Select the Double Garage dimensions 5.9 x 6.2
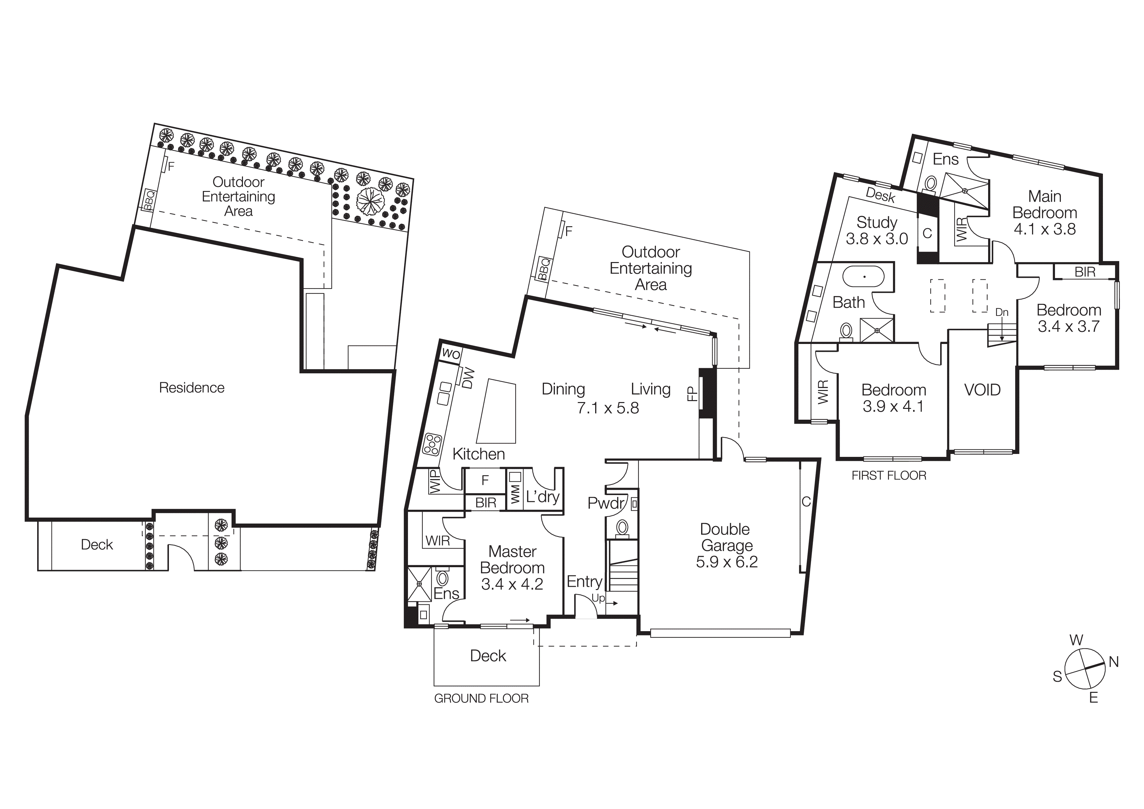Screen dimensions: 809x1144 (x=727, y=562)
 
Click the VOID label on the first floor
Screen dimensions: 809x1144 (x=982, y=390)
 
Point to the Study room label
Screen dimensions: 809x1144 (x=877, y=222)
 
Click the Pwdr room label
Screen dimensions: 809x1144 (x=605, y=503)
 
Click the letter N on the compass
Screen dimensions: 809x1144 (x=1114, y=662)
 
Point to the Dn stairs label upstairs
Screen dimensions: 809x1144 (x=1001, y=313)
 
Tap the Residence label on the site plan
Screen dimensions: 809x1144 (x=191, y=388)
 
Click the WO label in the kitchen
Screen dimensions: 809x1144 (x=451, y=354)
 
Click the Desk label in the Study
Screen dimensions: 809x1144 (x=881, y=195)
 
